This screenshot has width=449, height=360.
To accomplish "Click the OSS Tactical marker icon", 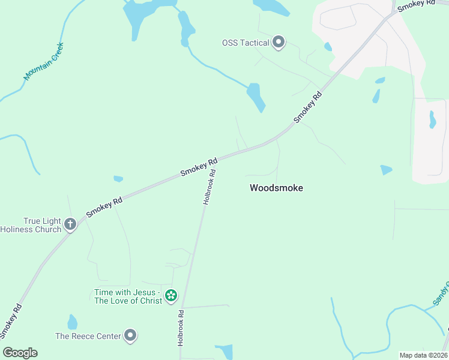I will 279,42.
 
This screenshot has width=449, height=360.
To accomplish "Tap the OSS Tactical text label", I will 246,43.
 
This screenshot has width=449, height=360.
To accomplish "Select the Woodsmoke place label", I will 276,188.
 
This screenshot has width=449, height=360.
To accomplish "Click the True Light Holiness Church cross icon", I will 70,224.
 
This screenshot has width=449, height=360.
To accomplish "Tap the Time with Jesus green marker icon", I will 171,295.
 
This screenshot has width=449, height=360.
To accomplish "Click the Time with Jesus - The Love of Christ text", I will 128,296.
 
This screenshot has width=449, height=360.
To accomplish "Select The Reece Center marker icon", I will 130,336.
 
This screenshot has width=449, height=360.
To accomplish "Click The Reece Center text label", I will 88,337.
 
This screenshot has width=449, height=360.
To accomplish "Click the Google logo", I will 20,353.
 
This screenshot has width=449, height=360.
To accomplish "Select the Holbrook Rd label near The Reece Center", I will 179,327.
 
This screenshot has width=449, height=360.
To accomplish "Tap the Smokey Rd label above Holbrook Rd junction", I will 199,167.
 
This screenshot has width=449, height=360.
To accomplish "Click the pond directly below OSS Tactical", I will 256,97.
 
